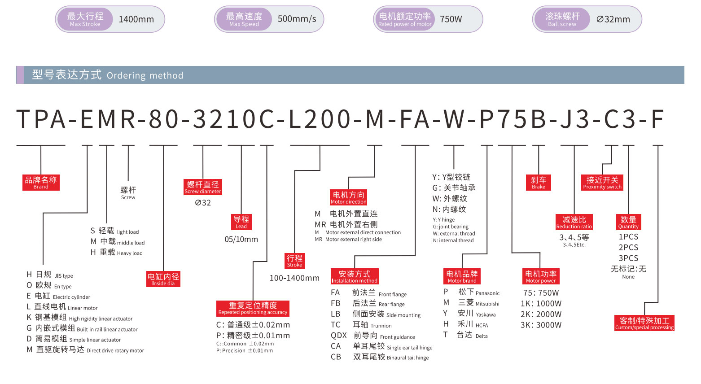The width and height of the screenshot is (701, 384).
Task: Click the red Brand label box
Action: point(41,182)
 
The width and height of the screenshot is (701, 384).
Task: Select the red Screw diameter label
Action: point(203,187)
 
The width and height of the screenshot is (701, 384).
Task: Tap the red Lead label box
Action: point(241,222)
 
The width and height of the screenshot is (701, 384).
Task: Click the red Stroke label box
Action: point(294,261)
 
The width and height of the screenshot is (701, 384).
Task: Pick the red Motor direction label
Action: point(349,197)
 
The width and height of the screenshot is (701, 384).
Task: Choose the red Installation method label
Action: point(355,276)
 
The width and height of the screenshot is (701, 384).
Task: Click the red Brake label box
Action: point(539,182)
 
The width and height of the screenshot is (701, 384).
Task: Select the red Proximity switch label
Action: point(602,182)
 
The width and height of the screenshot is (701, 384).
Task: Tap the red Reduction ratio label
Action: point(574,222)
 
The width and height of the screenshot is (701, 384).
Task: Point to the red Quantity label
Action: point(628,222)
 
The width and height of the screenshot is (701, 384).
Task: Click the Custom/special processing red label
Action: point(644,323)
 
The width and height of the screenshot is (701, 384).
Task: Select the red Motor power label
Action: point(541,276)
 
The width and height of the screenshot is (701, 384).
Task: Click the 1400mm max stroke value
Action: point(136,19)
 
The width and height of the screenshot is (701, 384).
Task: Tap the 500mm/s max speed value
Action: point(297,19)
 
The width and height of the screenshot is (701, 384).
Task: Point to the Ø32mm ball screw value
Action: point(613,19)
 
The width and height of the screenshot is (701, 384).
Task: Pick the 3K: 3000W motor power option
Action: point(541,325)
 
